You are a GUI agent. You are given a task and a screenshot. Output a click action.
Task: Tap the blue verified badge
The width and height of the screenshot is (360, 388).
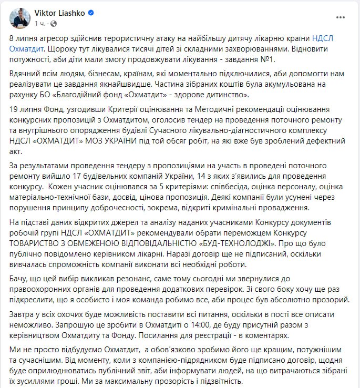pyautogui.click(x=88, y=13)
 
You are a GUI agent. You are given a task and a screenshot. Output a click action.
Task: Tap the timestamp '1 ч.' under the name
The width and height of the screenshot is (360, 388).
pyautogui.click(x=40, y=24)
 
